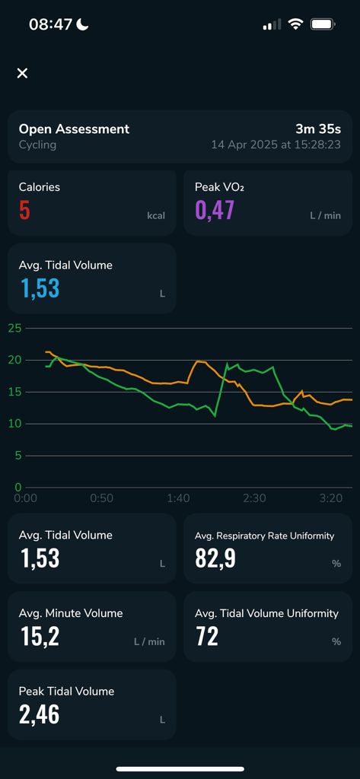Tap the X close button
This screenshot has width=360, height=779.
pyautogui.click(x=22, y=73)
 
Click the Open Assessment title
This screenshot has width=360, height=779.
pyautogui.click(x=74, y=129)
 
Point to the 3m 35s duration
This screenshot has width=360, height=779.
pyautogui.click(x=318, y=129)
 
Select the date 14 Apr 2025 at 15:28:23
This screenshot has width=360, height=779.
pyautogui.click(x=276, y=145)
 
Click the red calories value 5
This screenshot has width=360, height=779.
pyautogui.click(x=24, y=209)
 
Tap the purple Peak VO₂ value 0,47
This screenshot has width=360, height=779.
pyautogui.click(x=215, y=209)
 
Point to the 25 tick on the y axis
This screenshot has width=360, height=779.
pyautogui.click(x=14, y=328)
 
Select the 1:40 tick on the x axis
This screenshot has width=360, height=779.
pyautogui.click(x=178, y=498)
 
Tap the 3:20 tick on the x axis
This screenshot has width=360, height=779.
pyautogui.click(x=330, y=498)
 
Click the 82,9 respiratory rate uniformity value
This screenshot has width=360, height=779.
pyautogui.click(x=215, y=558)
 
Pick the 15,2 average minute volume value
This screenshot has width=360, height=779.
pyautogui.click(x=40, y=636)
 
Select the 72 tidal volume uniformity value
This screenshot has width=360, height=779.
pyautogui.click(x=207, y=636)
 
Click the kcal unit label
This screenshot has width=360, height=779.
pyautogui.click(x=155, y=216)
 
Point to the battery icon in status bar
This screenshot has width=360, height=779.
pyautogui.click(x=323, y=24)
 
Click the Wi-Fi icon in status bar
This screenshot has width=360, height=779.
pyautogui.click(x=295, y=24)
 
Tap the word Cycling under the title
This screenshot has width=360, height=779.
pyautogui.click(x=37, y=145)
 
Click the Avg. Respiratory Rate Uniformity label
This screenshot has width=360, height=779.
pyautogui.click(x=264, y=536)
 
